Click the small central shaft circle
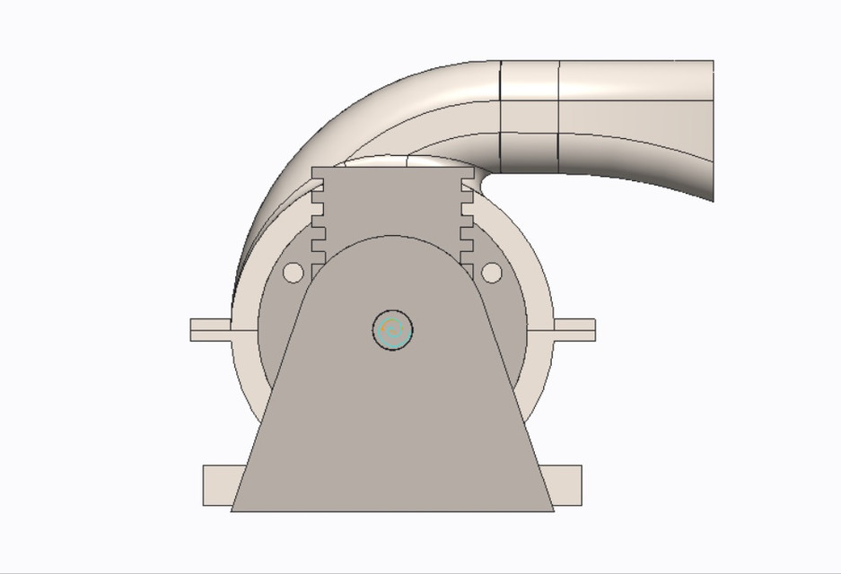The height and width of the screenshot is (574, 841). pyautogui.click(x=392, y=331)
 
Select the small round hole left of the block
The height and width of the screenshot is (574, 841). pyautogui.click(x=293, y=272)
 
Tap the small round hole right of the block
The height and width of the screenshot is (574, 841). pyautogui.click(x=492, y=272)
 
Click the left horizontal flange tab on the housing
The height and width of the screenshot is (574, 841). pyautogui.click(x=210, y=329)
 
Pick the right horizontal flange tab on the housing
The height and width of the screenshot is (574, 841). pyautogui.click(x=574, y=329)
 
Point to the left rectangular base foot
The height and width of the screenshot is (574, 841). pyautogui.click(x=217, y=485)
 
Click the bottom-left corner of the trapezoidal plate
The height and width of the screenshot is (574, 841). pyautogui.click(x=232, y=510)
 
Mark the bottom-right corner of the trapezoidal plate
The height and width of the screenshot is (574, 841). pyautogui.click(x=553, y=510)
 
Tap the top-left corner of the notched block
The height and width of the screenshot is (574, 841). pyautogui.click(x=313, y=168)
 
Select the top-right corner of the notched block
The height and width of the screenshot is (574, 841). pyautogui.click(x=473, y=168)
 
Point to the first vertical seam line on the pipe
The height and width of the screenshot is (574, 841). pyautogui.click(x=500, y=117)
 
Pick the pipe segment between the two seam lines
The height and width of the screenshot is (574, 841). pyautogui.click(x=530, y=117)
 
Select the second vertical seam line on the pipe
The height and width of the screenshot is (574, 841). pyautogui.click(x=559, y=117)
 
